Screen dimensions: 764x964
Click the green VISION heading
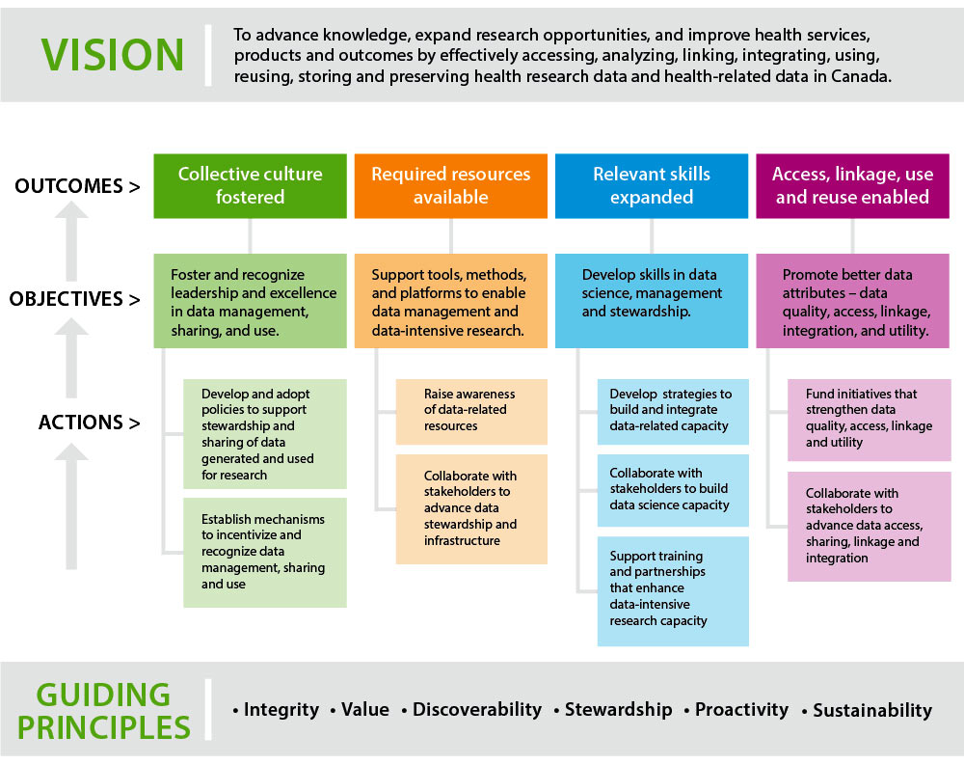[114, 54]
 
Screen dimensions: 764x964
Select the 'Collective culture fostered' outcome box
[251, 185]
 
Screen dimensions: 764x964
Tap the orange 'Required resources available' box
[451, 185]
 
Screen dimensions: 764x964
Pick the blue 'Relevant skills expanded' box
[652, 185]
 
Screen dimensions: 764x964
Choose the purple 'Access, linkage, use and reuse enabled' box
[852, 185]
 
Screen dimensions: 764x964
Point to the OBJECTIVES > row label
[74, 299]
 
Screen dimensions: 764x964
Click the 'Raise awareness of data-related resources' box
[471, 411]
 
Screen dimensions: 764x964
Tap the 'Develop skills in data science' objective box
[652, 300]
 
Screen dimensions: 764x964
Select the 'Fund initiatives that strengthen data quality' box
[869, 419]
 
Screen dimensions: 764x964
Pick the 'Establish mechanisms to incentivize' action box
[265, 552]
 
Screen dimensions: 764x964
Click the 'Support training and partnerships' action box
[673, 590]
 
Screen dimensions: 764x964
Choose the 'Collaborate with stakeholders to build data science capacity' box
[673, 490]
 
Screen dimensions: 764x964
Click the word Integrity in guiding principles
[281, 710]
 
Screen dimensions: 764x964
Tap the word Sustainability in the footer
[872, 711]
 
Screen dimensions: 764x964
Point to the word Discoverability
[477, 710]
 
